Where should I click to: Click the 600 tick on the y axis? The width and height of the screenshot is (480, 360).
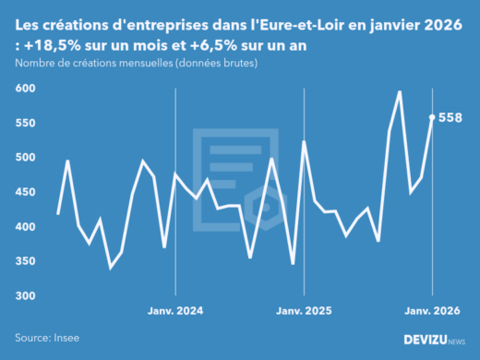(x=25, y=89)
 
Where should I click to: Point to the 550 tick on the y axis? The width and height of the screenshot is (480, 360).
(x=25, y=123)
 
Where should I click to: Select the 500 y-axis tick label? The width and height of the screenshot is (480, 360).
(x=25, y=158)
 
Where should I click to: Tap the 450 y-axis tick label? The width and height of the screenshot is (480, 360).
(x=25, y=192)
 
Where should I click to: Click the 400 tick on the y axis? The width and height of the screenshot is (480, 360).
(x=25, y=227)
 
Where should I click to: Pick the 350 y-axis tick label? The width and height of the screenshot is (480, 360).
(x=25, y=261)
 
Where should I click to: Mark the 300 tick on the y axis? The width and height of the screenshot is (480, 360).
(x=25, y=296)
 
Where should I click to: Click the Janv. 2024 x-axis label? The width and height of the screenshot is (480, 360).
(x=175, y=310)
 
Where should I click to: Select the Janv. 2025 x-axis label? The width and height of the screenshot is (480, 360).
(x=305, y=310)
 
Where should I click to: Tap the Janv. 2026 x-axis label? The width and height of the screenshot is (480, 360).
(x=432, y=310)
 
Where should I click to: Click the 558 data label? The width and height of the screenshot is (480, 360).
(x=450, y=117)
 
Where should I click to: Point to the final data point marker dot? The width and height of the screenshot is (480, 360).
(x=432, y=117)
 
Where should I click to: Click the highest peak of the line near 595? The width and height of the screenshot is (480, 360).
(x=400, y=91)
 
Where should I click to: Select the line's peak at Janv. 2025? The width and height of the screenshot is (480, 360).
(x=305, y=142)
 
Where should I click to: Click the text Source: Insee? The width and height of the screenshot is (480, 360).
(x=47, y=339)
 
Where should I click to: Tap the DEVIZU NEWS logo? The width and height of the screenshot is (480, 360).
(x=435, y=340)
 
